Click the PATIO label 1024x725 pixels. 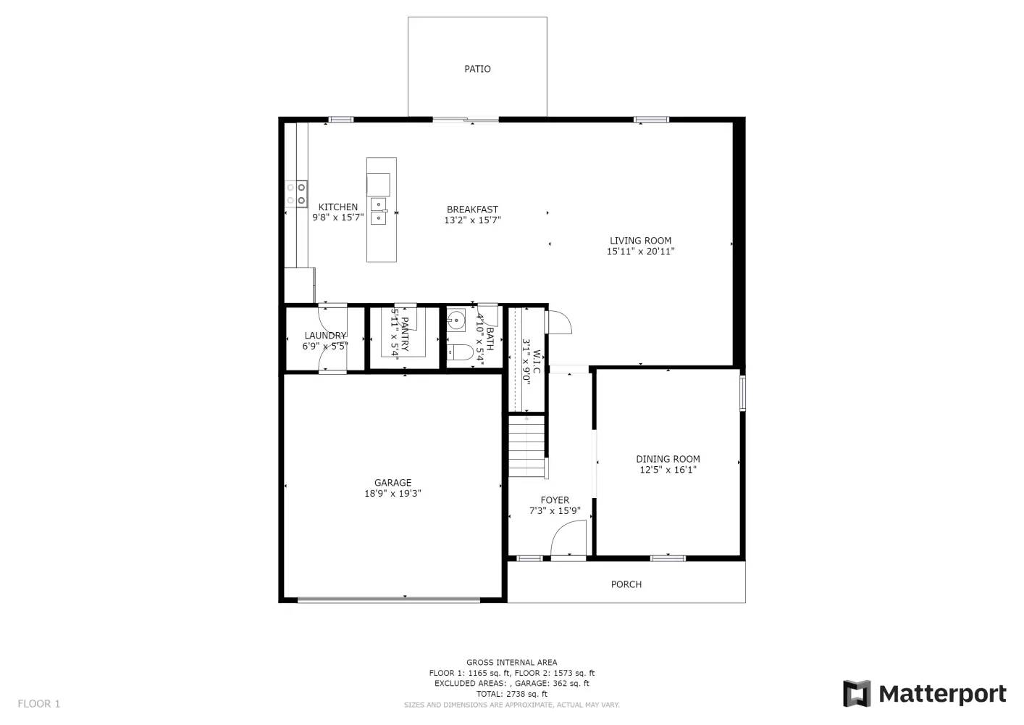[x=477, y=69]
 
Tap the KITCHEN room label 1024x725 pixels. [x=337, y=207]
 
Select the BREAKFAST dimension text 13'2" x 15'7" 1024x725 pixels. [x=472, y=220]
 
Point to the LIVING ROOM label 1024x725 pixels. [x=640, y=241]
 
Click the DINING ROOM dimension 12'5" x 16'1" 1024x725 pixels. [x=668, y=470]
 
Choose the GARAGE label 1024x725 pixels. [x=393, y=483]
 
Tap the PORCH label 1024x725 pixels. [x=626, y=584]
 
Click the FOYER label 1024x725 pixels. [x=555, y=500]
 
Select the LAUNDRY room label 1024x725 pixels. [x=325, y=336]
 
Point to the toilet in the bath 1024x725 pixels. [x=460, y=352]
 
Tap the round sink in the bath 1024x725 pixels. [x=456, y=319]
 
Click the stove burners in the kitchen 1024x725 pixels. [x=295, y=194]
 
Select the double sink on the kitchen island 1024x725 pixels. [x=379, y=211]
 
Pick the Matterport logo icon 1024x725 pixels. [x=857, y=694]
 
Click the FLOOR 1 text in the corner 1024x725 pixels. [x=39, y=703]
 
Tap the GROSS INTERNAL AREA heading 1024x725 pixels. [x=511, y=662]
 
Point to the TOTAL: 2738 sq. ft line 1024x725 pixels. [x=511, y=694]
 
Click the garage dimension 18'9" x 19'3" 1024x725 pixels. [x=393, y=494]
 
